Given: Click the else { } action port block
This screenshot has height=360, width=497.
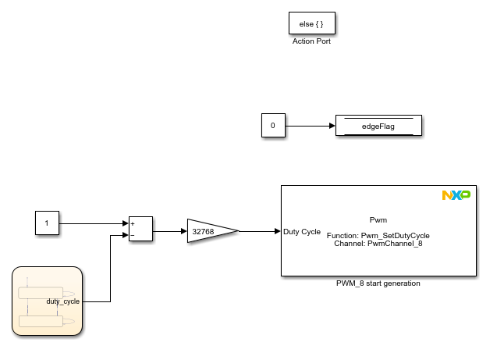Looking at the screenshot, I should [x=311, y=24].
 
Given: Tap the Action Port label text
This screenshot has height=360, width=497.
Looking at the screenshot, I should [x=311, y=41].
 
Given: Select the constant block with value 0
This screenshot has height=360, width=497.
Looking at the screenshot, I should [x=272, y=126].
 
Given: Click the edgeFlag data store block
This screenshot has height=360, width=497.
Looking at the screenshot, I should [x=378, y=126].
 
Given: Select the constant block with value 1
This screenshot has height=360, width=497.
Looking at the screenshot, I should [x=47, y=224].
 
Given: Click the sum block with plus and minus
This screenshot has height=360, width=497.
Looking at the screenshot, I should [x=140, y=228].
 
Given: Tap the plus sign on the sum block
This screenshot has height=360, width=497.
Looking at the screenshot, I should [x=133, y=223].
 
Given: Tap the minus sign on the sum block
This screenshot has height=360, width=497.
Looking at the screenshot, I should [x=133, y=234].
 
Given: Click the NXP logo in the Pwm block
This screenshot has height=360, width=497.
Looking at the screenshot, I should [x=456, y=194].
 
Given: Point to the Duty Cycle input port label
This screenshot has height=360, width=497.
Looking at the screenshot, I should [x=302, y=232].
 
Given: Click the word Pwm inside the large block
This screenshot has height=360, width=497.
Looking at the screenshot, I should [x=378, y=220].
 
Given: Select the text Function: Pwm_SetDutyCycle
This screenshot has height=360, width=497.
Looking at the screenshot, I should [x=378, y=235].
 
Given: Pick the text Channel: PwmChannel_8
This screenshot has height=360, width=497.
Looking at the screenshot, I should [x=378, y=244].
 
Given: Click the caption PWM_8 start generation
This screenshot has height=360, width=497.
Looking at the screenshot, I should [x=378, y=283].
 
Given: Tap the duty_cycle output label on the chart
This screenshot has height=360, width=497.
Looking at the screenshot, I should [x=63, y=301].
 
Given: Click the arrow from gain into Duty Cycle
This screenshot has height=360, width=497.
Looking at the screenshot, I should [x=260, y=231].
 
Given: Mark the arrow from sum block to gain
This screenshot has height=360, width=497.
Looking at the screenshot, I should [x=169, y=231].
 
